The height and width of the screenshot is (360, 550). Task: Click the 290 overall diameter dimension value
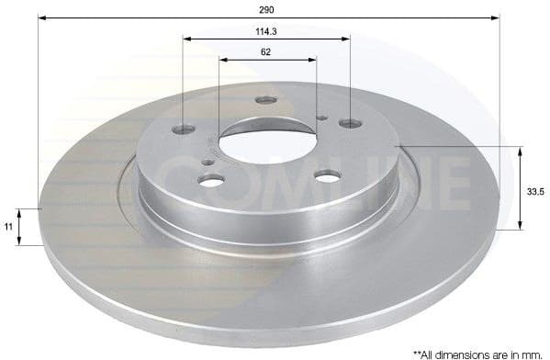coord(267,9)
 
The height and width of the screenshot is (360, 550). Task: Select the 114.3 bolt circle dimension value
coord(266,30)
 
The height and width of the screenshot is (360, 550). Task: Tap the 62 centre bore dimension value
coord(266,52)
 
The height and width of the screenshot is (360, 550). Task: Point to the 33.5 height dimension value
coord(535,191)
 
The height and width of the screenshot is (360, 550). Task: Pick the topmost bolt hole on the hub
coord(265,100)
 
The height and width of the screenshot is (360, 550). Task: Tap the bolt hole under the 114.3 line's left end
coord(185,129)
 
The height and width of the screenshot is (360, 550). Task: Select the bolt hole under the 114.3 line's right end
coord(348,122)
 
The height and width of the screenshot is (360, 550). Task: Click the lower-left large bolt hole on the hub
coord(211,180)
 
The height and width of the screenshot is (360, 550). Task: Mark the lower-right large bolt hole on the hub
coord(327,176)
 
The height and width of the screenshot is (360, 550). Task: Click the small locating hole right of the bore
coord(322,117)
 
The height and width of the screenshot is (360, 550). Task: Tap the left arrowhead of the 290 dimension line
coord(43,17)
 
